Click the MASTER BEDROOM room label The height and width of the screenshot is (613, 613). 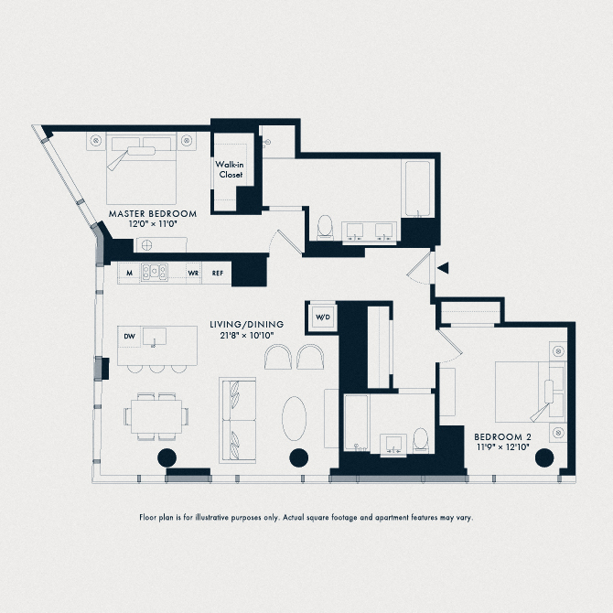coord(152,213)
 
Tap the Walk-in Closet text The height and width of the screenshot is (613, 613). coord(229,169)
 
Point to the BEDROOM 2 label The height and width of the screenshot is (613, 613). coord(501,438)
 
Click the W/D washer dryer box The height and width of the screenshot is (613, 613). coord(322,317)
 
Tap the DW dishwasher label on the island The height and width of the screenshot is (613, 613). coord(129,337)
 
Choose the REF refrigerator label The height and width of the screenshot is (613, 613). coord(218,273)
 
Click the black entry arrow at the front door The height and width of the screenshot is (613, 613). coord(443,268)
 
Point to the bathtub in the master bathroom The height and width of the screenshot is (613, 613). coord(417,189)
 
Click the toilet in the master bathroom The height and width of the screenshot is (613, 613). coord(324,226)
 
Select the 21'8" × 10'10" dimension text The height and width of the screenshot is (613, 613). coord(247,336)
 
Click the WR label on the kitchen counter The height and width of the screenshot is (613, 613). coord(194,273)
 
